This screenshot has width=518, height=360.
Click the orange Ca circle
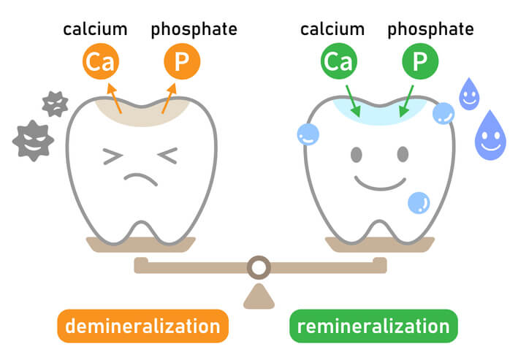tap(98, 64)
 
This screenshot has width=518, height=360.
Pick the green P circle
tap(419, 64)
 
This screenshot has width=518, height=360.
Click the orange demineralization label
tap(142, 326)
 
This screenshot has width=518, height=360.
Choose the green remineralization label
tap(373, 326)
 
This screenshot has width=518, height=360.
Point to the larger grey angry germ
tap(33, 139)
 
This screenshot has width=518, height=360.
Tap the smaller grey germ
tap(55, 104)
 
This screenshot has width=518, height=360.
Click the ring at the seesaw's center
tap(258, 267)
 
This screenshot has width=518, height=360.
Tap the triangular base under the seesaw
tap(258, 296)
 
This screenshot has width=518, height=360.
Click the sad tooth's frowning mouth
tap(141, 180)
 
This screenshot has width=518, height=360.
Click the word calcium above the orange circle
tap(95, 29)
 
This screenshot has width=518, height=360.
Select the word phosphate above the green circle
tap(430, 29)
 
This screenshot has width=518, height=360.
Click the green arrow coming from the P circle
tap(406, 101)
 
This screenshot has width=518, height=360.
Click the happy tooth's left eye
tap(356, 155)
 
